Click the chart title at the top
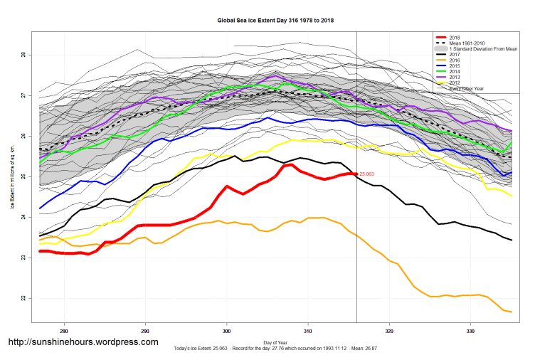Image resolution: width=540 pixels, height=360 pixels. pyautogui.click(x=275, y=21)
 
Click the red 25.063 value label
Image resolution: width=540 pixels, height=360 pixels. pyautogui.click(x=367, y=174)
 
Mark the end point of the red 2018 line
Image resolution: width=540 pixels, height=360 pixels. pyautogui.click(x=356, y=174)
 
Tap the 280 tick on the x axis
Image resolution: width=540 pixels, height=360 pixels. pyautogui.click(x=64, y=332)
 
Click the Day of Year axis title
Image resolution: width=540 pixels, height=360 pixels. pyautogui.click(x=275, y=344)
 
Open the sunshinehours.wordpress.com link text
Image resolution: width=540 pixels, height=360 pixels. pyautogui.click(x=83, y=342)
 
